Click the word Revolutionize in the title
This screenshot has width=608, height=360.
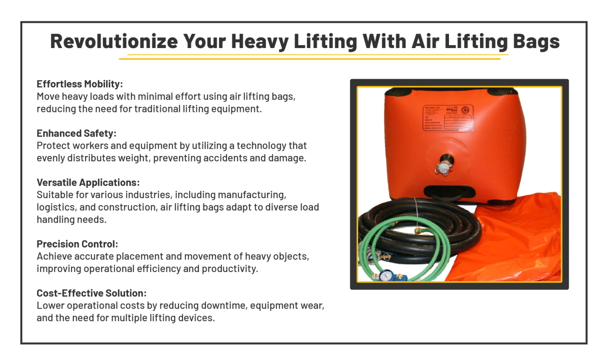point(114,42)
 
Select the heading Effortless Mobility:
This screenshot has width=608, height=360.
point(80,84)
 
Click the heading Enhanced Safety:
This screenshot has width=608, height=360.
point(76,133)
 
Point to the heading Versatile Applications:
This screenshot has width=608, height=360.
point(88,182)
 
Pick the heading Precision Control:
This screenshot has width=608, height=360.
point(77,244)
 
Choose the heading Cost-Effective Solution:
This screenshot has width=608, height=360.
point(91,293)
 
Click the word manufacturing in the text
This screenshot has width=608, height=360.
point(252,195)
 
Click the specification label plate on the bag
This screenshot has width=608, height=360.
point(447,117)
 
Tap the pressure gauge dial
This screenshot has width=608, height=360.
point(386,276)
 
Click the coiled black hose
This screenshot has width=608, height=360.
point(446,225)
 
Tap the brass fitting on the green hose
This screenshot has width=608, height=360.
point(418,231)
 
